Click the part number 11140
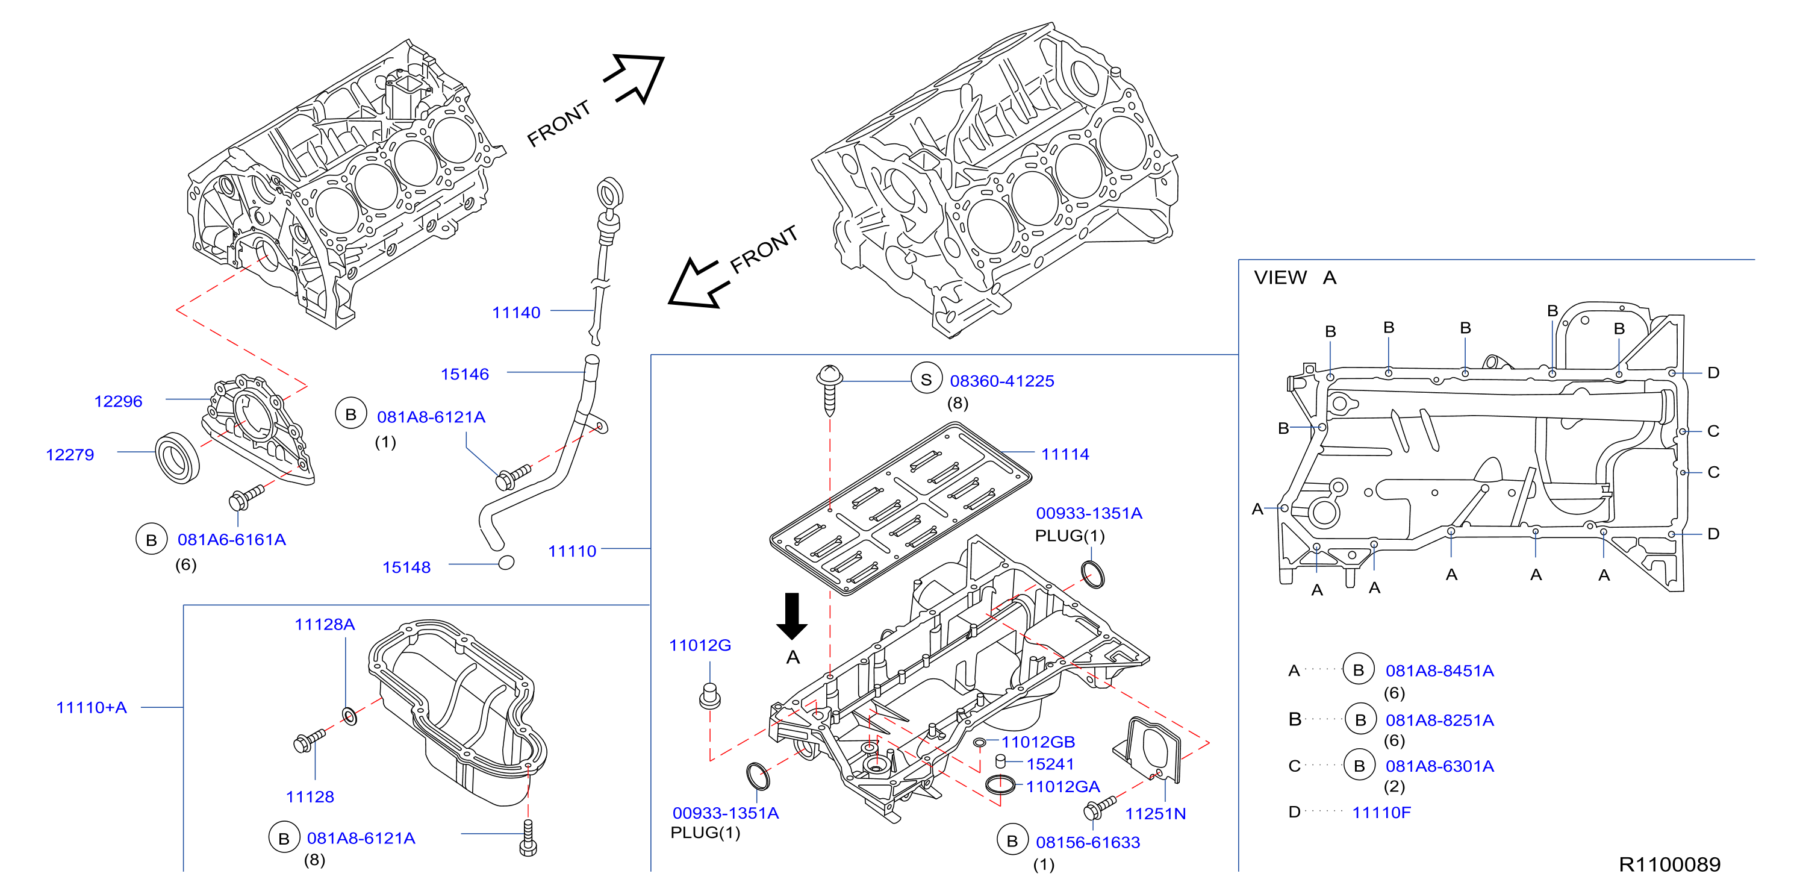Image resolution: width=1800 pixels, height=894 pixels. [x=515, y=313]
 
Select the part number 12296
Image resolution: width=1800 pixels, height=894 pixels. [x=118, y=401]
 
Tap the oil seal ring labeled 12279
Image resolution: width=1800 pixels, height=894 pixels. [x=177, y=458]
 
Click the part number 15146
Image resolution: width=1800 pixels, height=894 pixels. [x=465, y=374]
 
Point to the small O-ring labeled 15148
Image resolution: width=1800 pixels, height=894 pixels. [x=506, y=562]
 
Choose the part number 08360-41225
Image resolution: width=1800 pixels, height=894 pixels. [x=1001, y=381]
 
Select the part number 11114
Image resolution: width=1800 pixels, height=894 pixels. [x=1065, y=454]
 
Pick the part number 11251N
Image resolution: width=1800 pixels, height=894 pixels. [x=1155, y=814]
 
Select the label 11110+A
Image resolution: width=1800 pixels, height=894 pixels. [x=92, y=707]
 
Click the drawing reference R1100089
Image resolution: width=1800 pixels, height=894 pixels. [x=1669, y=864]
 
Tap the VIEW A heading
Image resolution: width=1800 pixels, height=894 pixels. [x=1295, y=278]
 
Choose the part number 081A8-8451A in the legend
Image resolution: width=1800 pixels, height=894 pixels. [x=1439, y=671]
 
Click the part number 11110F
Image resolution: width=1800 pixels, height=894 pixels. [x=1381, y=812]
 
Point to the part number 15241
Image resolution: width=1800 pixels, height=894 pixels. [x=1050, y=764]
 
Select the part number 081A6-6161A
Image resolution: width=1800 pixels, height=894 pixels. [x=231, y=540]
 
